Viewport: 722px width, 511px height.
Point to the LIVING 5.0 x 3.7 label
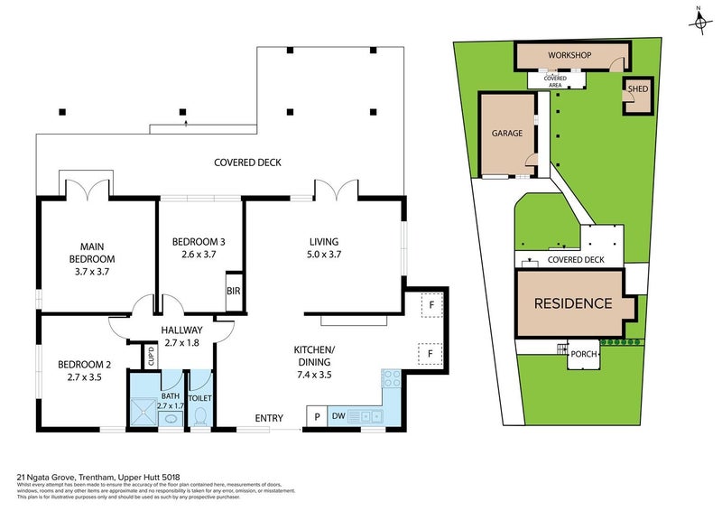click(323, 247)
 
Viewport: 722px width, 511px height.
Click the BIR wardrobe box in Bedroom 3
click(234, 291)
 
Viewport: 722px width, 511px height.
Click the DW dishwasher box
click(338, 416)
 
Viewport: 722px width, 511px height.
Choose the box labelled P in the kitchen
click(317, 416)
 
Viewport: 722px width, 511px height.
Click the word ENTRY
click(269, 418)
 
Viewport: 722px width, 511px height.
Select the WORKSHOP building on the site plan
click(569, 56)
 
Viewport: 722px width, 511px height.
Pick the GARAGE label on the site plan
click(507, 133)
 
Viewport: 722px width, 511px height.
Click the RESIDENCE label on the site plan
click(573, 303)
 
